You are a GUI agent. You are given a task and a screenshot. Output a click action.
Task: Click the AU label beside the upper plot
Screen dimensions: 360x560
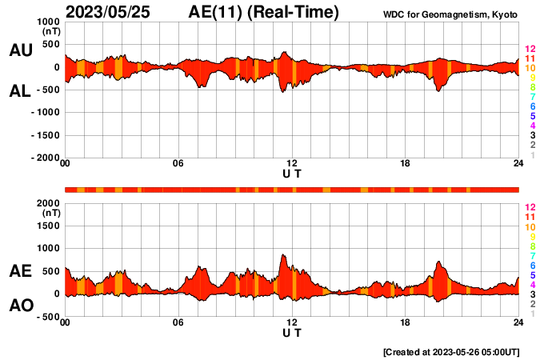20,50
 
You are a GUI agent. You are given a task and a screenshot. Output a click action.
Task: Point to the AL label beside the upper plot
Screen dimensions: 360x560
20,92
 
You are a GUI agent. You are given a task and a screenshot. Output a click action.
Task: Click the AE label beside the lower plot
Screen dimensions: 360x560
20,271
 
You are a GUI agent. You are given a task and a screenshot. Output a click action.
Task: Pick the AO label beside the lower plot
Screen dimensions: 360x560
20,306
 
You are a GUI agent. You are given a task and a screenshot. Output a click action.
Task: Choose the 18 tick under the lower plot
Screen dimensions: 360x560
406,322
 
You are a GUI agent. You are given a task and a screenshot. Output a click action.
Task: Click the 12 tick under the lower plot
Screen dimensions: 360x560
292,322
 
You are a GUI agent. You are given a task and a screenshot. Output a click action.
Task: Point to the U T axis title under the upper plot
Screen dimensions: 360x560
292,173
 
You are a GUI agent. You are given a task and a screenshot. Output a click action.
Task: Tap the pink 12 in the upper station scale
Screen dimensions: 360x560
530,50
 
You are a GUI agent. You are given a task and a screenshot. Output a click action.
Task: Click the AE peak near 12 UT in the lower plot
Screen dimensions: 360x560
283,255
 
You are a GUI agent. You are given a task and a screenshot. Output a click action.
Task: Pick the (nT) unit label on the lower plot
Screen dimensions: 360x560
50,214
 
